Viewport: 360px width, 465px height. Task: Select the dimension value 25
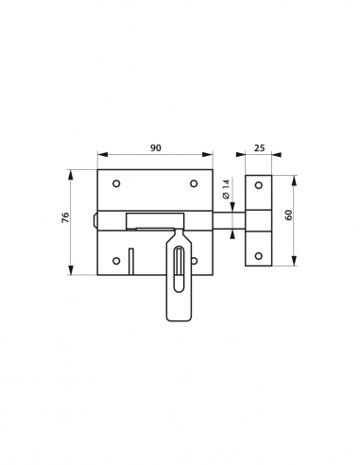click(x=258, y=148)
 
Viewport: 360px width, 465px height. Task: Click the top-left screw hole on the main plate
click(x=116, y=183)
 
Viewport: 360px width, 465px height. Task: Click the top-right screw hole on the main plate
click(x=194, y=183)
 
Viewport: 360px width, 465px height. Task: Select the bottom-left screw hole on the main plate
click(x=116, y=261)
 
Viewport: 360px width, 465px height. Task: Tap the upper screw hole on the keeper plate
click(x=258, y=187)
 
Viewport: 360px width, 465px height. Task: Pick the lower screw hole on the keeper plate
click(x=258, y=256)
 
